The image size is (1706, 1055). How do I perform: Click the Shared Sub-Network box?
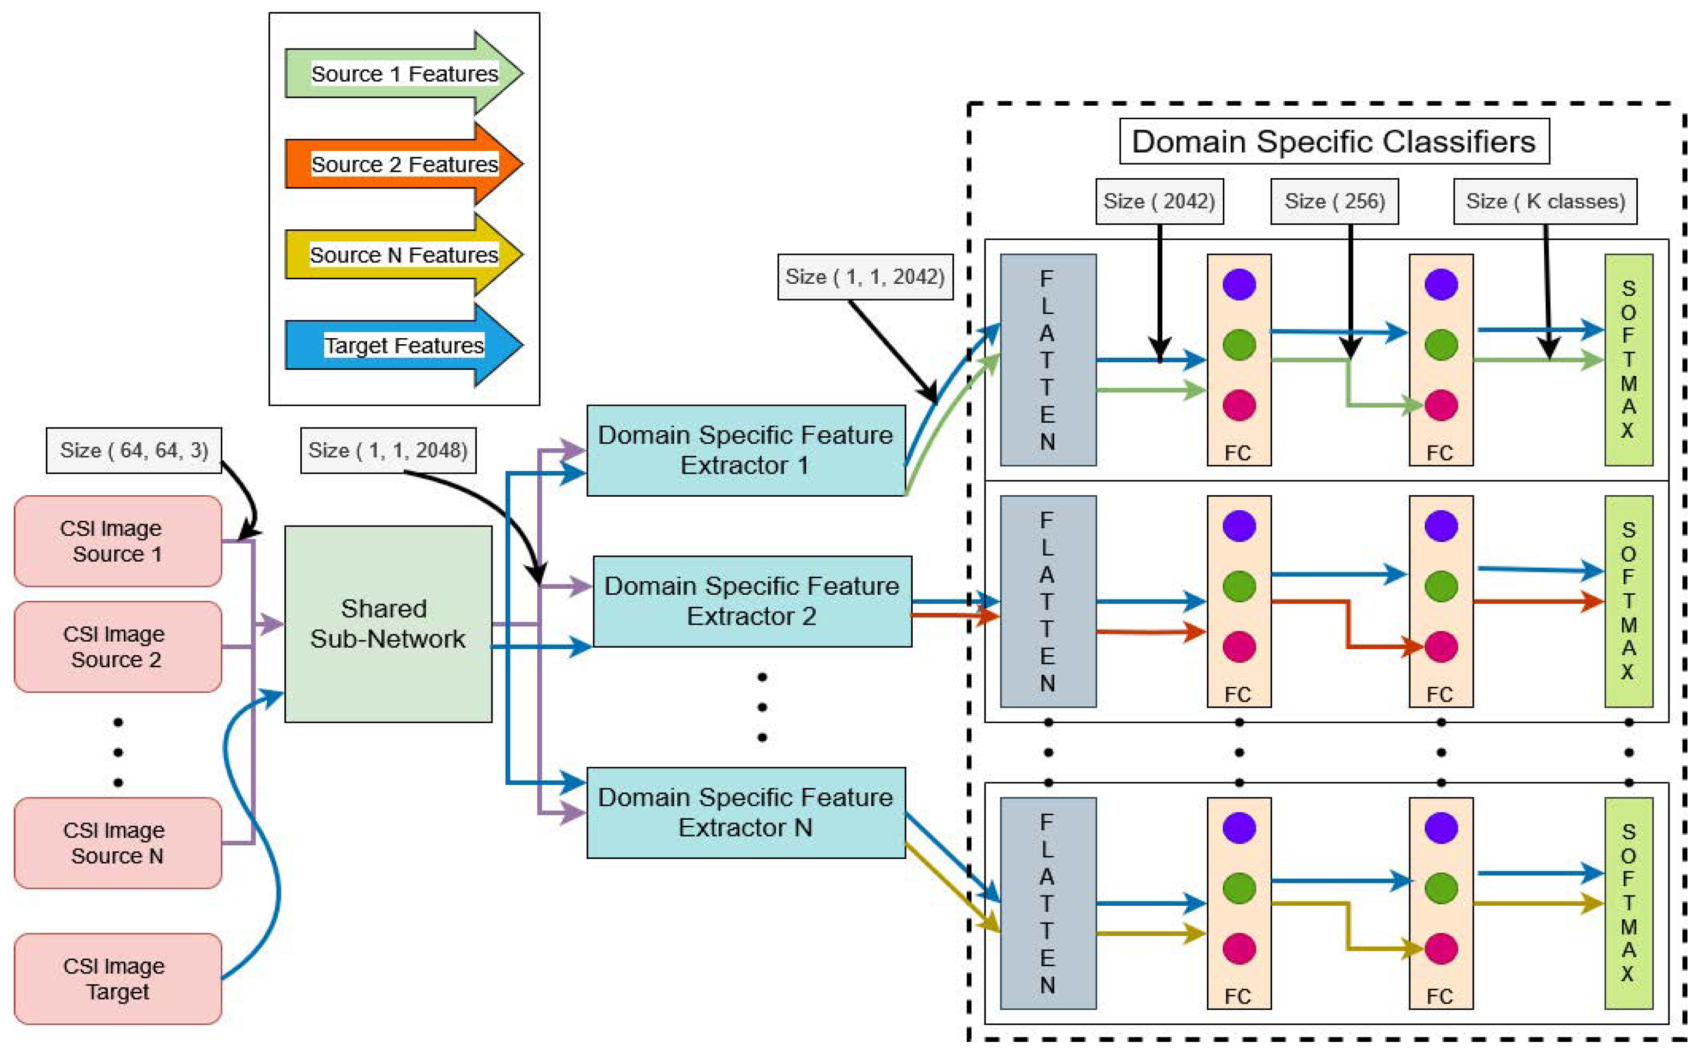coord(388,623)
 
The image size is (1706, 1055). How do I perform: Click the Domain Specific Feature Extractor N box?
coord(745,812)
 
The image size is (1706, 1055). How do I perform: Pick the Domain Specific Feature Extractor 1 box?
coord(745,450)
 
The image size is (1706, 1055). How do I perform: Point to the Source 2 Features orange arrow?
coord(403,164)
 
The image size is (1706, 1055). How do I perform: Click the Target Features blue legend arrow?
coord(403,345)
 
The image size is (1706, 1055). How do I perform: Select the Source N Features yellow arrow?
coord(403,255)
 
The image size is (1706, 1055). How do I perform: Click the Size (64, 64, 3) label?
coord(134,450)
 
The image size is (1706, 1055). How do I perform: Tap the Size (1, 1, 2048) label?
coord(388,450)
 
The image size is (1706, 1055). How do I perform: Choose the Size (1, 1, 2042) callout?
coord(865,276)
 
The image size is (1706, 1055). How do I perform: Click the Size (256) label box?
coord(1334,201)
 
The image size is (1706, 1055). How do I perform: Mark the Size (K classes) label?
coord(1545,201)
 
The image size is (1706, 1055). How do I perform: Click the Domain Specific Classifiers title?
coord(1334,142)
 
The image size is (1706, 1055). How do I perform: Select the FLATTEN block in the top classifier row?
coord(1047,359)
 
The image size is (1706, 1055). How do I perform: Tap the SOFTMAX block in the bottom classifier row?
coord(1628,903)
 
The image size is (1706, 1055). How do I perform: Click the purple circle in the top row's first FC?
coord(1239,284)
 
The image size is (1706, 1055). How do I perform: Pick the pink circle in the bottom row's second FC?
coord(1441,948)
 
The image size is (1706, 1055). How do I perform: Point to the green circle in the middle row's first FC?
coord(1239,586)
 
